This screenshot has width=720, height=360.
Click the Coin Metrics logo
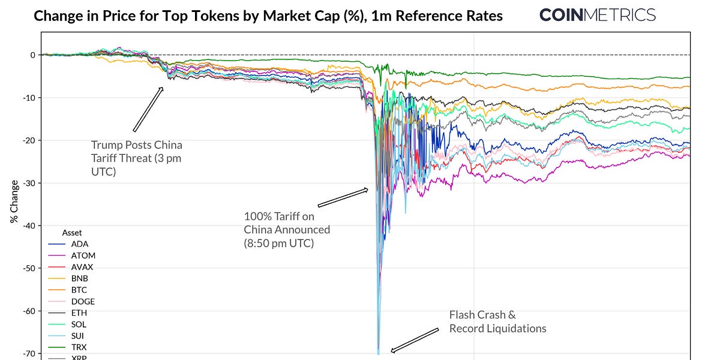point(597,14)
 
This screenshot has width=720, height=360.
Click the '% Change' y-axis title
point(14,202)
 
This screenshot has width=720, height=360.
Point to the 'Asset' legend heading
point(72,232)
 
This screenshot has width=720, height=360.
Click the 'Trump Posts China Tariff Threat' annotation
point(136,158)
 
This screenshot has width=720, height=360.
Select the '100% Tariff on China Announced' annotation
point(286,230)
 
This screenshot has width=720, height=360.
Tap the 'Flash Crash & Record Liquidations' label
point(497,322)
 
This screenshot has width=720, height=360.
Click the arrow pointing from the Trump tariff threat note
point(148,109)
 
